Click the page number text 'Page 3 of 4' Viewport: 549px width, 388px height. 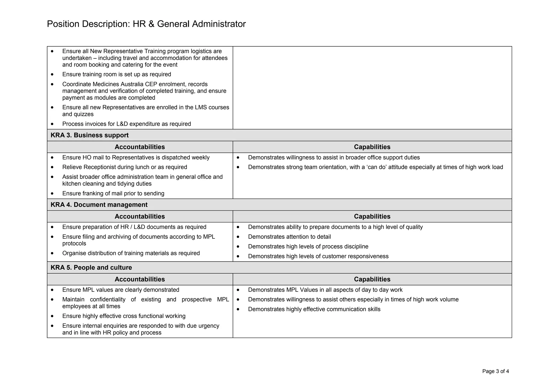tap(495, 371)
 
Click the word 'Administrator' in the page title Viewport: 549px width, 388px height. tap(219, 24)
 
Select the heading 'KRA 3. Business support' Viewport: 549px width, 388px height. tap(90, 135)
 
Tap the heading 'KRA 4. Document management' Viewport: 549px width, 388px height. tap(99, 205)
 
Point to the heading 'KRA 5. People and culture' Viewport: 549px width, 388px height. tap(91, 267)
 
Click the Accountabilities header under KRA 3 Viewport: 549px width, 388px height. tap(140, 147)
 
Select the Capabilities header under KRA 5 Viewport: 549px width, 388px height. tap(372, 279)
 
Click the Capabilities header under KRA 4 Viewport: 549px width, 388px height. tap(372, 216)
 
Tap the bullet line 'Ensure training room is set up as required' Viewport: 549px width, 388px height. tap(117, 74)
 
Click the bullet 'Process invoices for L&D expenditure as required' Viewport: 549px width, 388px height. tap(127, 124)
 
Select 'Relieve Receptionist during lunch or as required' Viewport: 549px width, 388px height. tap(125, 167)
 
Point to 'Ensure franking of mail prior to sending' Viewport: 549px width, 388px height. tap(113, 193)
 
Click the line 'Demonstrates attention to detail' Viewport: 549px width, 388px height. tap(289, 237)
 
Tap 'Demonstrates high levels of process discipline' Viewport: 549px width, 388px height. tap(308, 247)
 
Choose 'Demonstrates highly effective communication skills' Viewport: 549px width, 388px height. tap(314, 309)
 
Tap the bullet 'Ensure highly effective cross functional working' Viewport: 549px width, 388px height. tap(124, 316)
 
